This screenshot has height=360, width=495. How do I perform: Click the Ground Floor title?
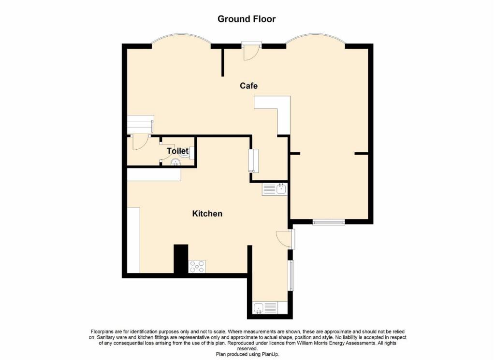tap(247, 19)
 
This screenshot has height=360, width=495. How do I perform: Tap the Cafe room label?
tap(248, 86)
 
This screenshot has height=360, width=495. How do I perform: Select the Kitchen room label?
tap(207, 214)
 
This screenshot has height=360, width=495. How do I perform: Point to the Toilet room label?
tap(177, 151)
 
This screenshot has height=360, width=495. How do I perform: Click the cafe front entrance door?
tap(251, 51)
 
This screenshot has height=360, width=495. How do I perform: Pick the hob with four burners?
tap(197, 266)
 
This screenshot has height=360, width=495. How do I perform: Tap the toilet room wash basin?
tap(175, 162)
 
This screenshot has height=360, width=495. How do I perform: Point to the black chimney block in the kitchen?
tap(180, 259)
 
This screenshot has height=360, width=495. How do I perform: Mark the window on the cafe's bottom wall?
tap(328, 222)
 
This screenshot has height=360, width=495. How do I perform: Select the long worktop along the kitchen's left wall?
tap(133, 240)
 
